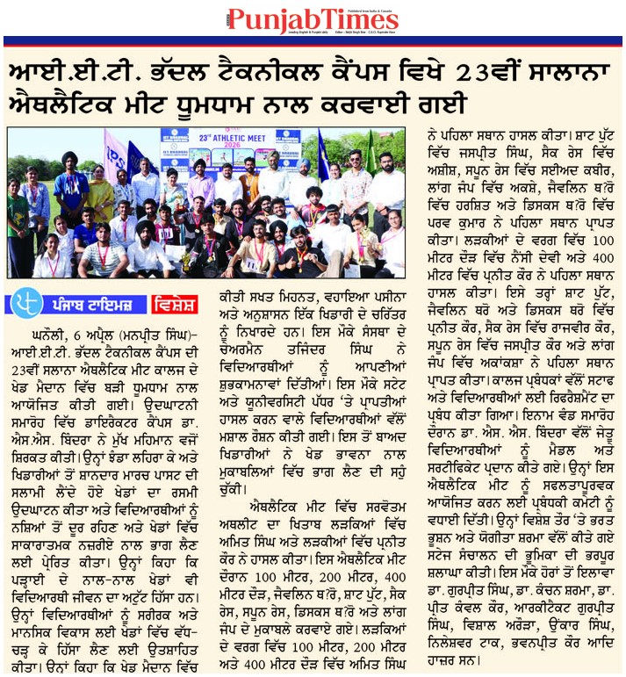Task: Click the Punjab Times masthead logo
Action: [312, 18]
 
